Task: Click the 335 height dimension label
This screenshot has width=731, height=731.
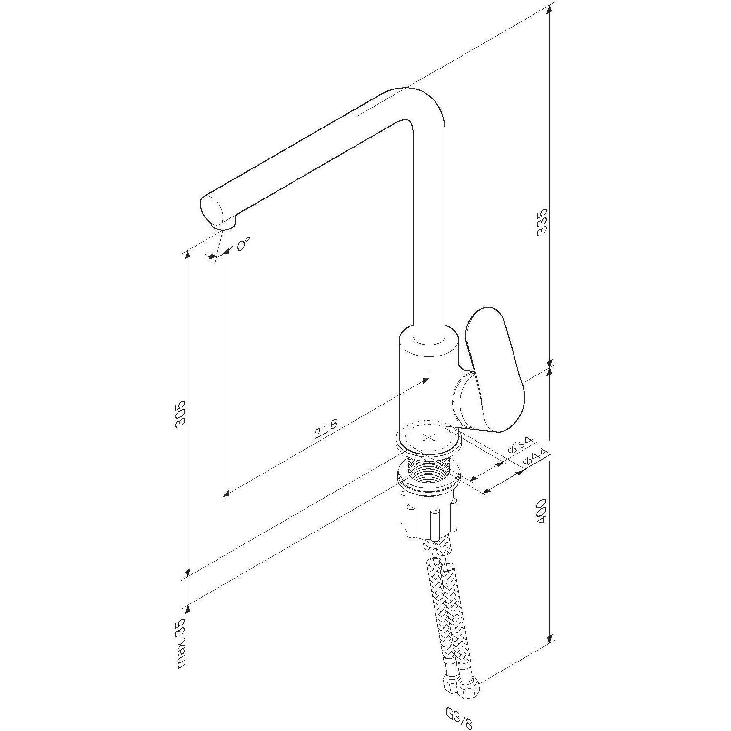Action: point(542,220)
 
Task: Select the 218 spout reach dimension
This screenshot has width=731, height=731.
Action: point(326,429)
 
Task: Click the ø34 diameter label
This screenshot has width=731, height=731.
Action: point(520,444)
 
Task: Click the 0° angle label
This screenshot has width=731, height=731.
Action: point(243,245)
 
